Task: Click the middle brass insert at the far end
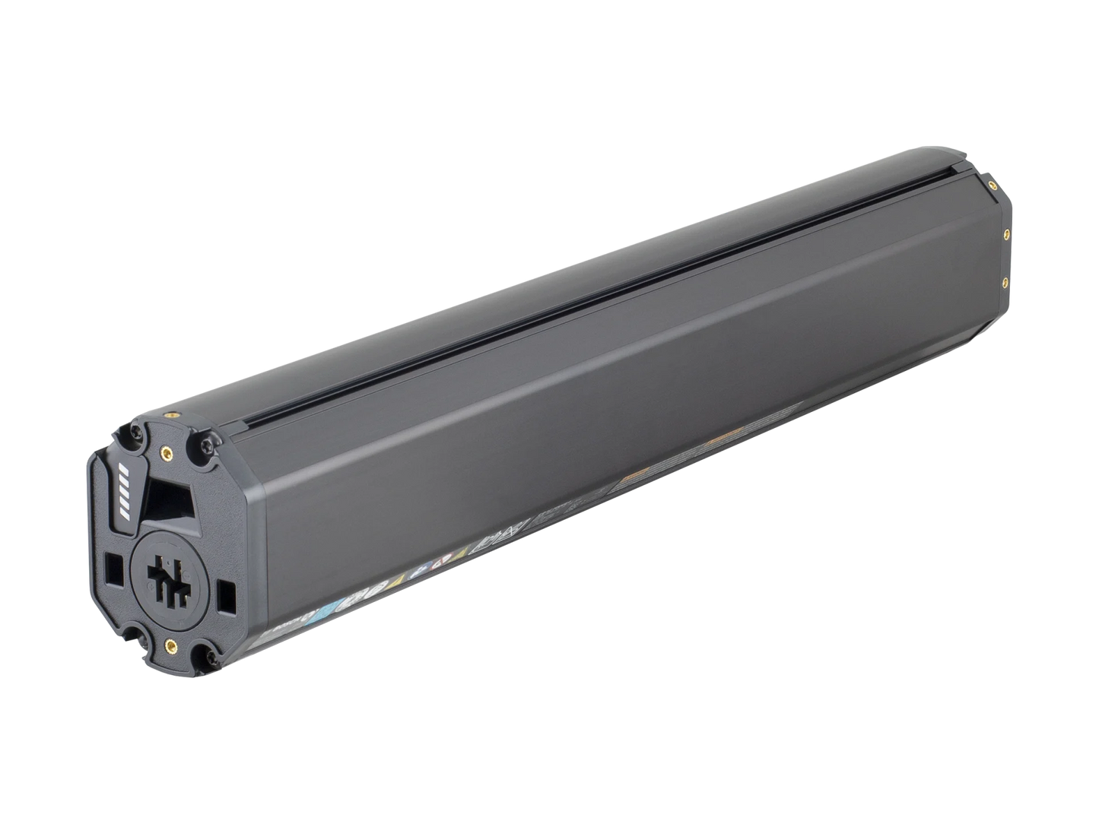(1007, 234)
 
